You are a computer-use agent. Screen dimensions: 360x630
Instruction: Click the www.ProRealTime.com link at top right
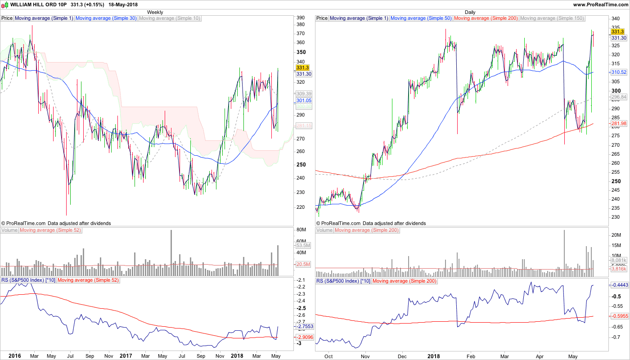click(600, 4)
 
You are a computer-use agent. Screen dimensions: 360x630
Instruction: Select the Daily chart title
click(470, 12)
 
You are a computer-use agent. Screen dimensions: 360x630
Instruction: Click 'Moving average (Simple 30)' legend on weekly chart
click(106, 18)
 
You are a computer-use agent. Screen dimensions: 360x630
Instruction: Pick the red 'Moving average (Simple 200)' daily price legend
click(486, 18)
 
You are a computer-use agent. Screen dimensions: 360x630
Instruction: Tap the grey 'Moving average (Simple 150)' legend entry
click(552, 18)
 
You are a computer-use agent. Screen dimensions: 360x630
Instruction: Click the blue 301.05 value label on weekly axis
click(303, 101)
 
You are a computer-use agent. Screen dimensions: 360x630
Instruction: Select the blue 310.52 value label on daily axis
click(619, 72)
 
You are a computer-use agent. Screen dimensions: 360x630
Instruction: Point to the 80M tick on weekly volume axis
click(301, 230)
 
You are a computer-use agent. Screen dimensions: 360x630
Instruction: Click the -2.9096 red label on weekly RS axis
click(303, 337)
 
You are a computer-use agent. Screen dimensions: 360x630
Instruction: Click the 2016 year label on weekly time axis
click(15, 355)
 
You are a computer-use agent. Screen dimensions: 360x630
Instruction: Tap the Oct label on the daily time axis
click(328, 355)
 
